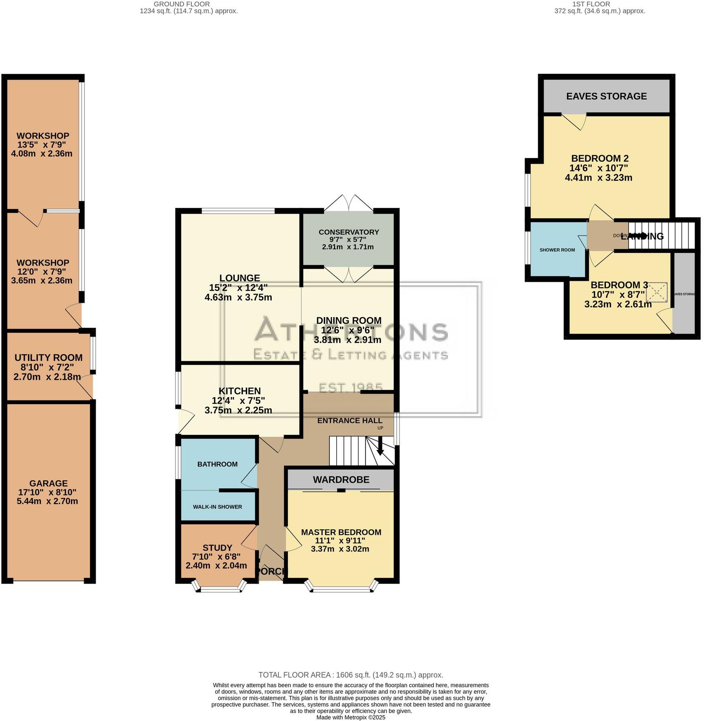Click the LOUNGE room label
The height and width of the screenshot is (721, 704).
tap(240, 278)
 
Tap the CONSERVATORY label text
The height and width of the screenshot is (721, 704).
tap(348, 232)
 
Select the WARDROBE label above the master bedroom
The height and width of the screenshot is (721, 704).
tap(341, 480)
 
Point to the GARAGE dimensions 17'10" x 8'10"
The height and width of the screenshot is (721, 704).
tap(47, 492)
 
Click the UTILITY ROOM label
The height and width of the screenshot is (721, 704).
tap(48, 358)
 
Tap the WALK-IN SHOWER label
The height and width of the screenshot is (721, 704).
tap(217, 507)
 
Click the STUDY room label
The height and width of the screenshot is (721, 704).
tap(217, 548)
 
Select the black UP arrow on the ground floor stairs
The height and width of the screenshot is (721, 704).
tap(380, 448)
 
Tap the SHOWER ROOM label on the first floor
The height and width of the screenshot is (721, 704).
tap(557, 250)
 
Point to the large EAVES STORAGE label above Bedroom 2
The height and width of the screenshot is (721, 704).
tap(606, 96)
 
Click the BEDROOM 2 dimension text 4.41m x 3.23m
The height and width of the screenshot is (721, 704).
tap(598, 178)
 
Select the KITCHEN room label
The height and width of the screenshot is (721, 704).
tap(240, 391)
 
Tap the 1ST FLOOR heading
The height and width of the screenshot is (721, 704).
tap(591, 4)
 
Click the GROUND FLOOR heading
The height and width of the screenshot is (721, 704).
tap(181, 4)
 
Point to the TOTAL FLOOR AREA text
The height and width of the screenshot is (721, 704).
tap(351, 675)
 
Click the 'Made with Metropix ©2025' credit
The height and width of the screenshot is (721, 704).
tap(351, 717)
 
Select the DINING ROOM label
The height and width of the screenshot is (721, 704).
tap(348, 320)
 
